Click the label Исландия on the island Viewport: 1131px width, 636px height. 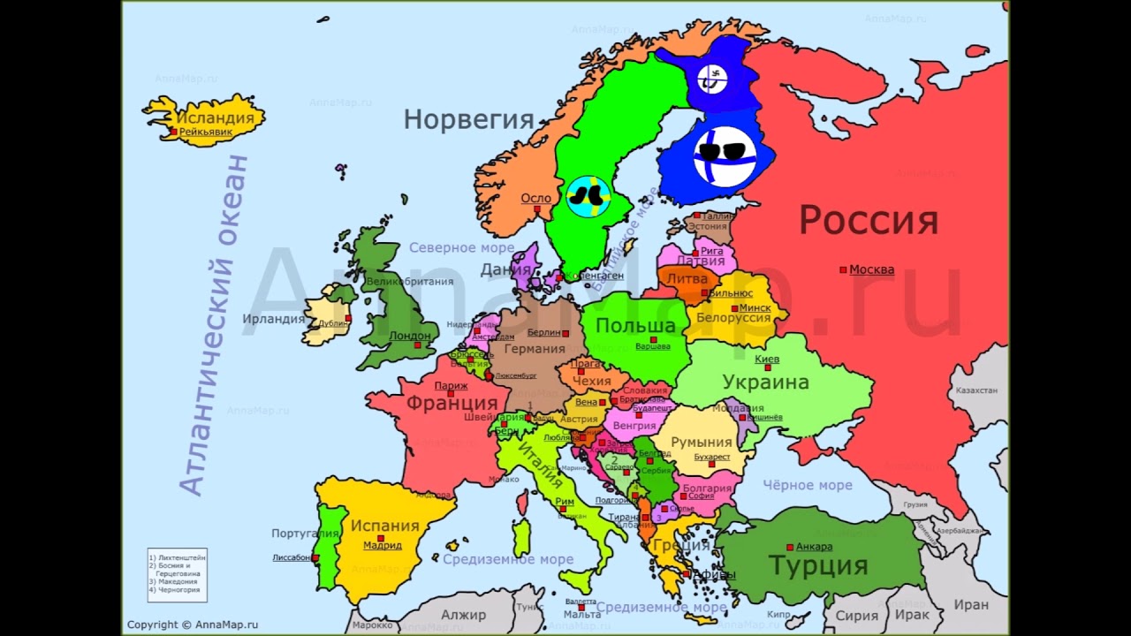click(216, 117)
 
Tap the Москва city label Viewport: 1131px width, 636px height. click(871, 269)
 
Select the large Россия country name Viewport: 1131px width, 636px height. click(868, 221)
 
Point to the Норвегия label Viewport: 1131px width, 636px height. click(469, 119)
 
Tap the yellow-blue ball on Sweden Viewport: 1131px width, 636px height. click(587, 196)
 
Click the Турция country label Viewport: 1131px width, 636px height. click(817, 565)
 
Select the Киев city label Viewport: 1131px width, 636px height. click(767, 360)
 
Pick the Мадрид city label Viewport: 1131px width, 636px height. click(383, 545)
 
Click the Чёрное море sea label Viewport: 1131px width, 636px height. click(807, 485)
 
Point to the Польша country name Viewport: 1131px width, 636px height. click(635, 326)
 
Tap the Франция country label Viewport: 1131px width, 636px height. click(452, 403)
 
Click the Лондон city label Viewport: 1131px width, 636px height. click(410, 336)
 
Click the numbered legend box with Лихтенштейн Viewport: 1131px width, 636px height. click(177, 574)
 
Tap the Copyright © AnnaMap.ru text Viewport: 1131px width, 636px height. click(192, 625)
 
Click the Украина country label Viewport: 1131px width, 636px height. click(765, 382)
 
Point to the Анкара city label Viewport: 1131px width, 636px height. click(814, 547)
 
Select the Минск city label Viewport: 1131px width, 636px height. click(755, 307)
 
